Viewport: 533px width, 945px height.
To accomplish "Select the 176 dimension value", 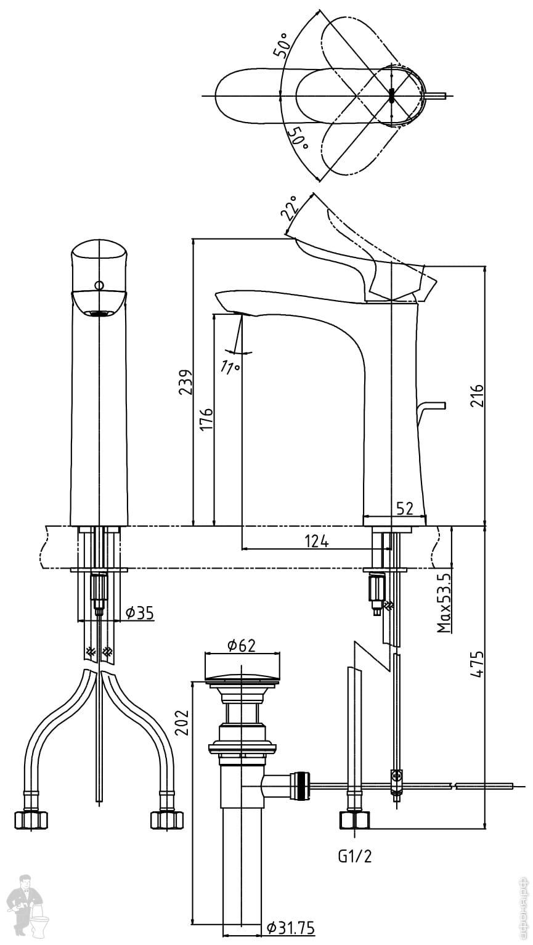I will [206, 419].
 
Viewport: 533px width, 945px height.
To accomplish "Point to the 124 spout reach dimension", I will [317, 541].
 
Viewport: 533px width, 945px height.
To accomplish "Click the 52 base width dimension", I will [404, 508].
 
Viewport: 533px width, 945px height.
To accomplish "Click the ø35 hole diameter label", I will [139, 613].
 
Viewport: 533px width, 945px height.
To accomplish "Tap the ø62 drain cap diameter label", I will [241, 645].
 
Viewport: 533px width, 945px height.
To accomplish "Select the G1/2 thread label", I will [354, 856].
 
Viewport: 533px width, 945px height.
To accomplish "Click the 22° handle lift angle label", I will [290, 208].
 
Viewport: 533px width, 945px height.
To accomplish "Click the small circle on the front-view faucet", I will [99, 285].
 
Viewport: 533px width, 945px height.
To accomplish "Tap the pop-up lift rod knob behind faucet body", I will [431, 407].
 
